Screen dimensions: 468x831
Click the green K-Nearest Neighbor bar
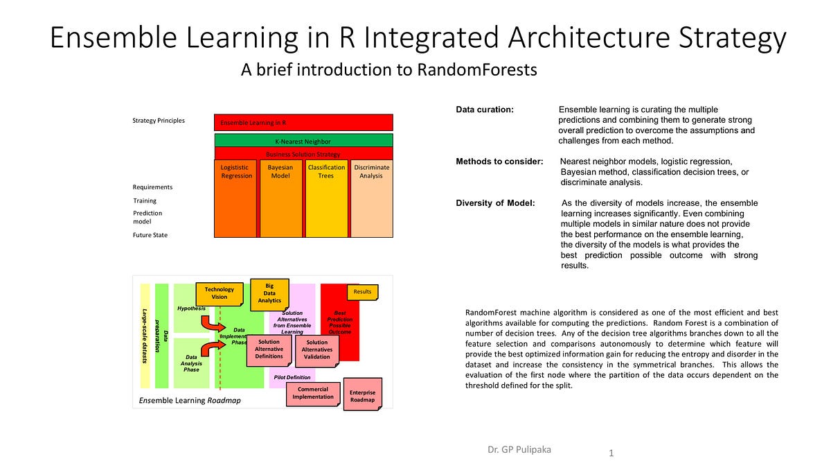point(303,141)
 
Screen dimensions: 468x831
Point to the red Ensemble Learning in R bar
point(303,123)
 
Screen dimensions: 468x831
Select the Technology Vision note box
point(220,293)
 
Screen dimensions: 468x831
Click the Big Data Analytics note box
point(269,293)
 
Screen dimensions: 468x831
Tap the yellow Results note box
point(362,292)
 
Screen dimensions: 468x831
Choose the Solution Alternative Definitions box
point(269,349)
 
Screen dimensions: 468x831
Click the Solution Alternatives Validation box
point(317,349)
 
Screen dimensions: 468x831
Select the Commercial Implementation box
point(313,393)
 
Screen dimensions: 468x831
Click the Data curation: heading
point(484,110)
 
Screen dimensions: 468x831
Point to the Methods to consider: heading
point(499,162)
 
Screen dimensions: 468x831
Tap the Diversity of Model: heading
point(495,203)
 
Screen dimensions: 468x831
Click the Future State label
point(150,235)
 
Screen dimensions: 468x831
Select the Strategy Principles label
point(159,121)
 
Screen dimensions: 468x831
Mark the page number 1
point(611,453)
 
